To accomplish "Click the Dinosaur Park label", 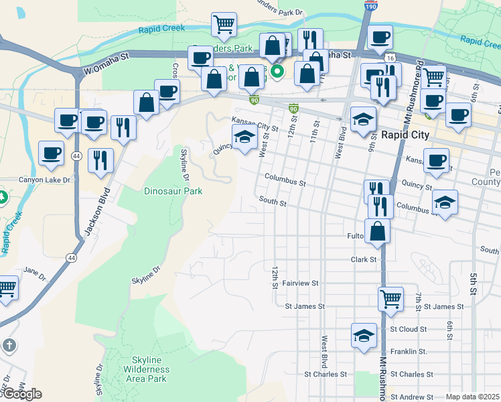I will pos(173,191).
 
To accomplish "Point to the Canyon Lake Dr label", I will pos(45,180).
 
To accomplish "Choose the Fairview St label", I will pos(299,283).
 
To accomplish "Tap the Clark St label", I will pos(364,259).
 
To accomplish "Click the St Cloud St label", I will pos(408,329).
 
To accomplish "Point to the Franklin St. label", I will pos(409,351).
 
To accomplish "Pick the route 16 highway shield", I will pos(390,58).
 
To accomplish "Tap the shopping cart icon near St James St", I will pos(390,299).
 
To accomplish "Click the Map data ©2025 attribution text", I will pos(472,397).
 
